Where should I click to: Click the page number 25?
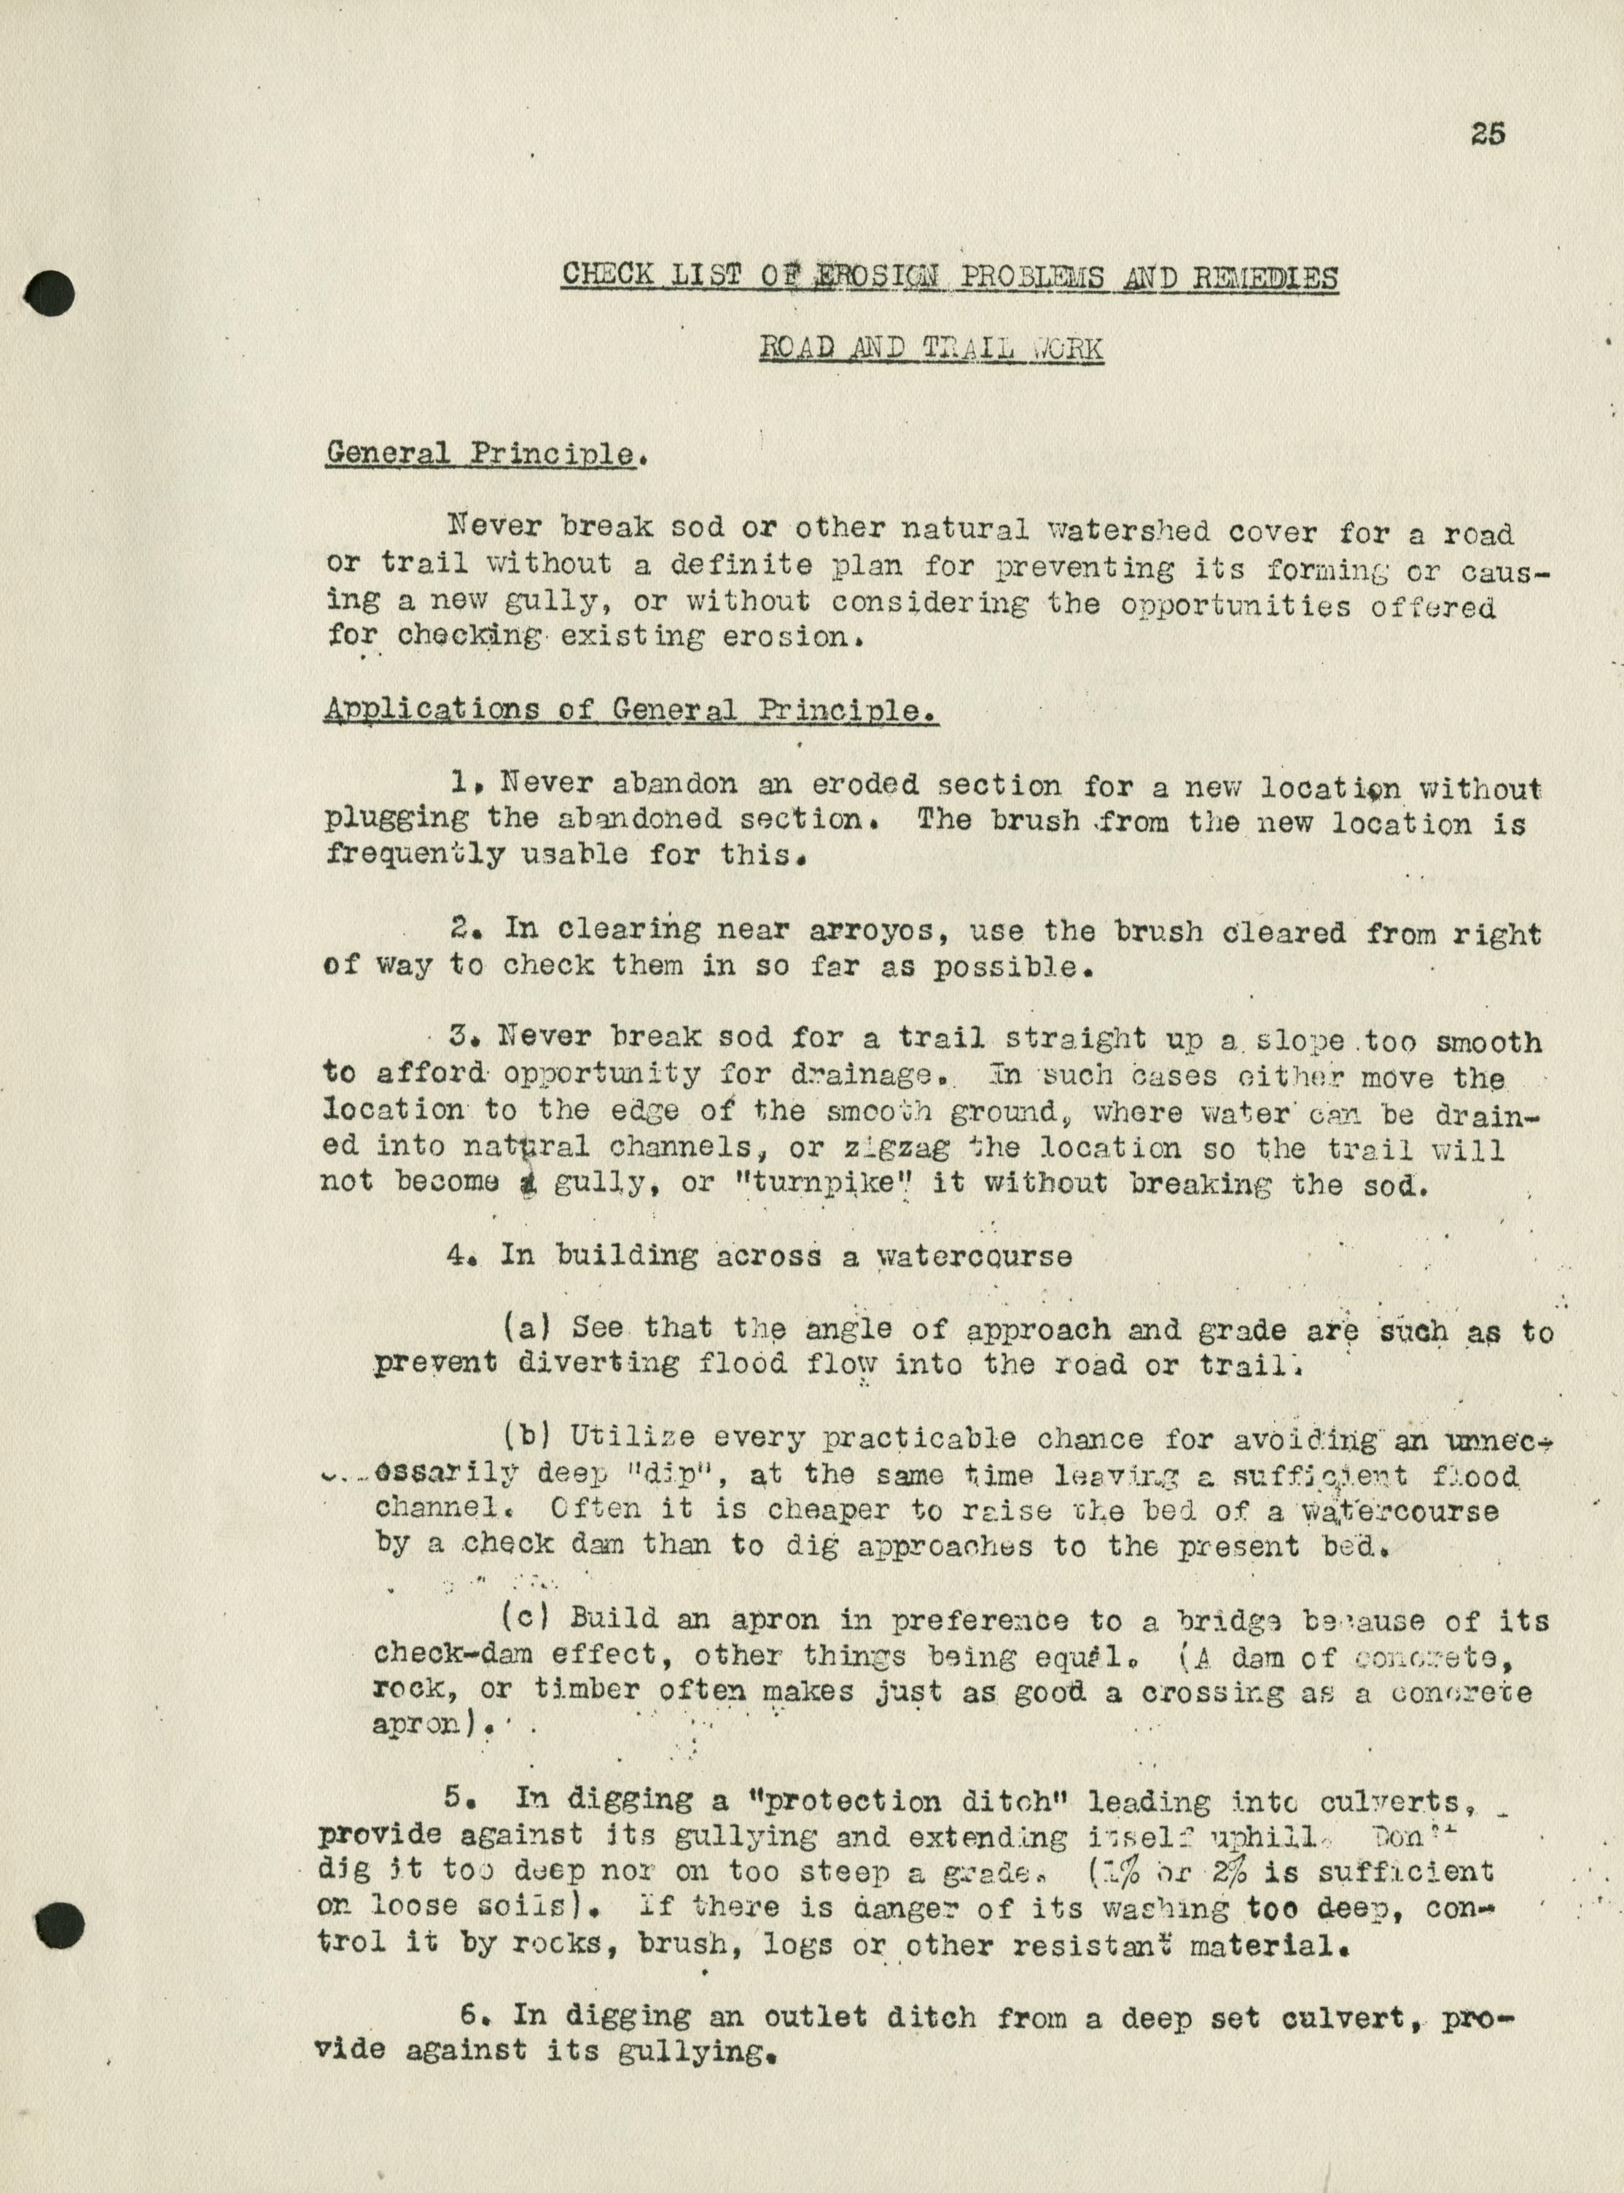pos(1488,133)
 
